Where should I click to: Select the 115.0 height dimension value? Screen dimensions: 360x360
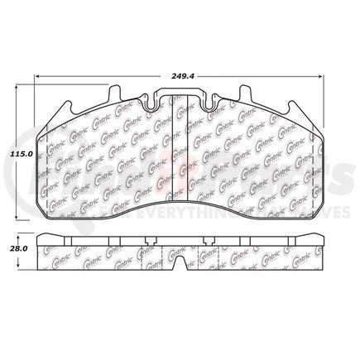pos(21,154)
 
